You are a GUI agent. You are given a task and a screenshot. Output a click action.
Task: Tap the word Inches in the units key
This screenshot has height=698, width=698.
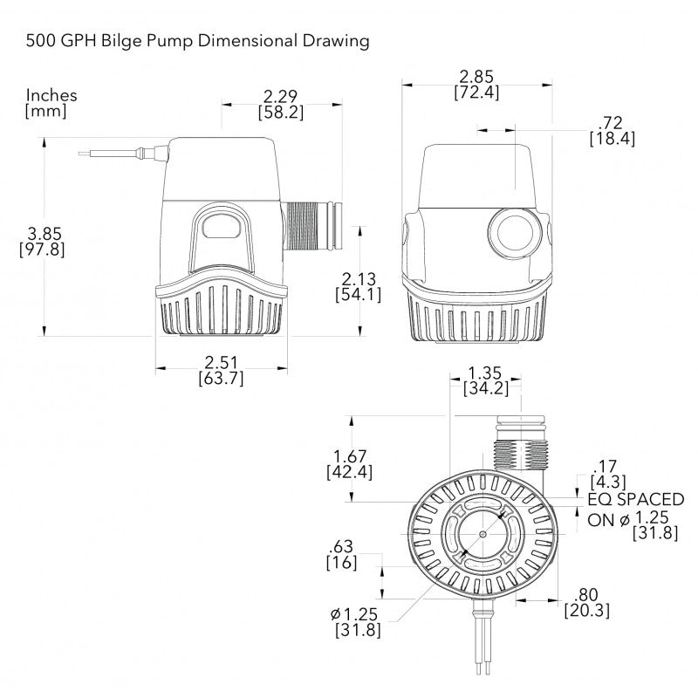click(x=51, y=95)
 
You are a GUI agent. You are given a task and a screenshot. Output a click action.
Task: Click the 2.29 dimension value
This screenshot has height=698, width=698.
click(x=279, y=95)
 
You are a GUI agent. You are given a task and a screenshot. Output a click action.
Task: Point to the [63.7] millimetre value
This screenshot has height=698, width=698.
click(x=222, y=378)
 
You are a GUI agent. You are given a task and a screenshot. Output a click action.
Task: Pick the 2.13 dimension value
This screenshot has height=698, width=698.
click(x=356, y=277)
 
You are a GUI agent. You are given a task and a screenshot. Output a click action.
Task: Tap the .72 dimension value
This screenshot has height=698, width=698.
click(x=612, y=121)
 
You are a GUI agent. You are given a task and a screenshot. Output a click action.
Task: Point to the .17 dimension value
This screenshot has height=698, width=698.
click(x=605, y=465)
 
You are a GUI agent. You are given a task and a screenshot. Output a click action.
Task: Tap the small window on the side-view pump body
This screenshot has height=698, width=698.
click(x=222, y=227)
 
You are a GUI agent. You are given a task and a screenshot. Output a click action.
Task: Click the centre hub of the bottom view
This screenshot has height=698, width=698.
click(x=482, y=533)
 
